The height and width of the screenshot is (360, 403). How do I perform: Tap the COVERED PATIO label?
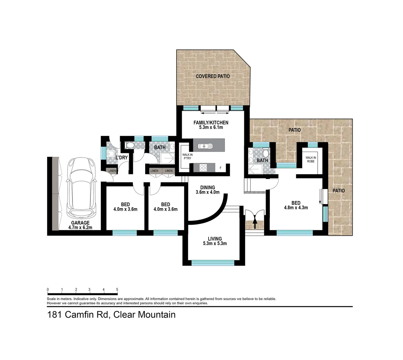[x=213, y=76]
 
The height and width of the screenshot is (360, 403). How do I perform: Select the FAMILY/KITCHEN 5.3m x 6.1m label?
[x=211, y=125]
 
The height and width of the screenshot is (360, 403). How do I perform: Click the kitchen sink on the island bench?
[x=203, y=146]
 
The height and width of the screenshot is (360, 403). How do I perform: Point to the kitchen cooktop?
[x=203, y=168]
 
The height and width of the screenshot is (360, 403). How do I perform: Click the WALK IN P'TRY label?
[x=187, y=157]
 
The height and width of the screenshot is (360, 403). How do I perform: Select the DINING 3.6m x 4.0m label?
[x=207, y=190]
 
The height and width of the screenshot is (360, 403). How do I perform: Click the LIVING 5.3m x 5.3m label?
[x=215, y=241]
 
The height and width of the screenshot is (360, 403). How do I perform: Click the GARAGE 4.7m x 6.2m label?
[x=80, y=225]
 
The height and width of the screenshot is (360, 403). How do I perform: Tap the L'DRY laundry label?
[x=121, y=157]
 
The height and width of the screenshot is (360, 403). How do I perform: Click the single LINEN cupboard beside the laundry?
[x=112, y=171]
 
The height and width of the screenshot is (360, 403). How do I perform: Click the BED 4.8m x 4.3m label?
[x=296, y=205]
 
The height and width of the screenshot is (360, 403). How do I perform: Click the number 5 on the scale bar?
[x=117, y=289]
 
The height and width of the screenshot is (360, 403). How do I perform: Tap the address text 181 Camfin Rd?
[x=79, y=314]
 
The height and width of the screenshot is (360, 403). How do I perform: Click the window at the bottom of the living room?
[x=213, y=263]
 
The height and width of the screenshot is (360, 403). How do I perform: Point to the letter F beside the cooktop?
[x=220, y=168]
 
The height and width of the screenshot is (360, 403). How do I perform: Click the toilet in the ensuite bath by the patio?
[x=266, y=153]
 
